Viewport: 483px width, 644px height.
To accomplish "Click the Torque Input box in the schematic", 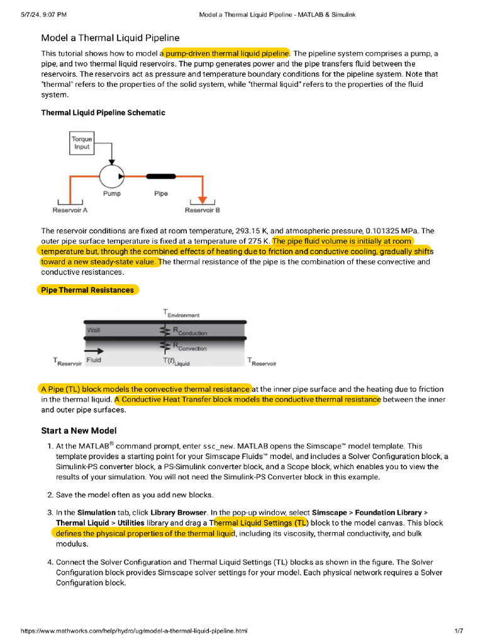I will (x=82, y=143).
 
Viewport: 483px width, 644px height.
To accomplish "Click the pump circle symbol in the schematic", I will (x=113, y=177).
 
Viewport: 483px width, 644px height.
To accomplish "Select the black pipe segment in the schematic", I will (x=161, y=177).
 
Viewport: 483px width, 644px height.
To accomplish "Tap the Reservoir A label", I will (x=70, y=210).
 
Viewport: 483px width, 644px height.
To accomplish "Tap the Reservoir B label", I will (x=202, y=210).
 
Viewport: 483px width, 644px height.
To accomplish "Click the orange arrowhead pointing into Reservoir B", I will (x=202, y=199).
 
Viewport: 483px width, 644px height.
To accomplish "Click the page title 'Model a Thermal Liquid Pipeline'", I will (x=110, y=38).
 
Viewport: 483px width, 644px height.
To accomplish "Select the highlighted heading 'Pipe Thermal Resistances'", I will (x=87, y=290).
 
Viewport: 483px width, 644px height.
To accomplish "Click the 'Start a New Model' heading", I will (x=79, y=431).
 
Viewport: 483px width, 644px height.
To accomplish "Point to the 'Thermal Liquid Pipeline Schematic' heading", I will (x=103, y=113).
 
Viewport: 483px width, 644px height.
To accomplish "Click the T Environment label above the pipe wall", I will (x=181, y=313).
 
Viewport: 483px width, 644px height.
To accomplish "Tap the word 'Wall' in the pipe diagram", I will (x=93, y=330).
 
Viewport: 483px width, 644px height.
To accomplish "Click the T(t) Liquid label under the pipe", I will (x=175, y=362).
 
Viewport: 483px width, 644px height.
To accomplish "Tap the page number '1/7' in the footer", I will (x=458, y=631).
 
